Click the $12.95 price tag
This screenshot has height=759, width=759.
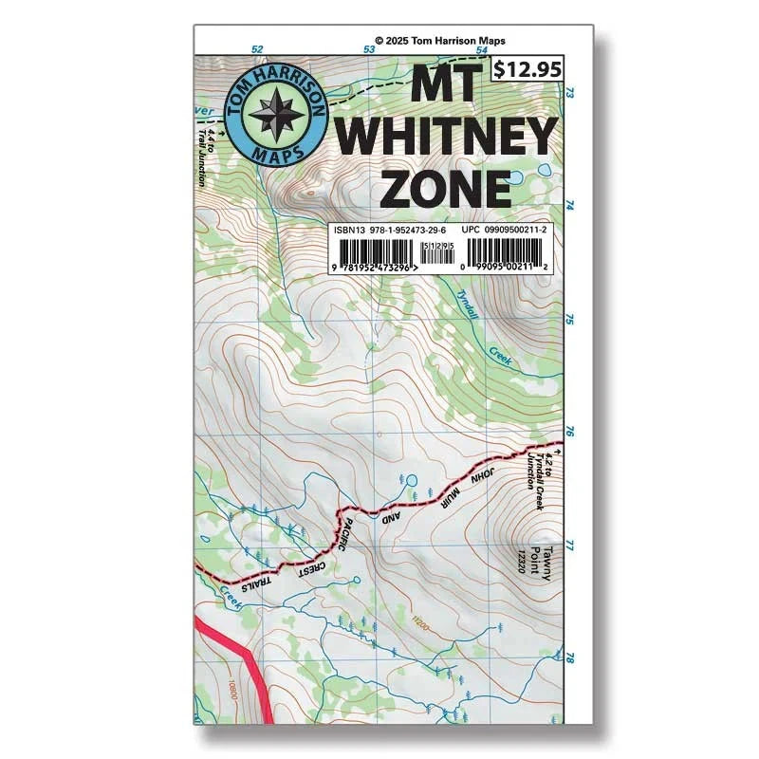click(528, 68)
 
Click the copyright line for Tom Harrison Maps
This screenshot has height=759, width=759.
click(440, 41)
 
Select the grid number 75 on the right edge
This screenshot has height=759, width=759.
click(570, 320)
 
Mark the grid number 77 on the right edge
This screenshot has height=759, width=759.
click(570, 546)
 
